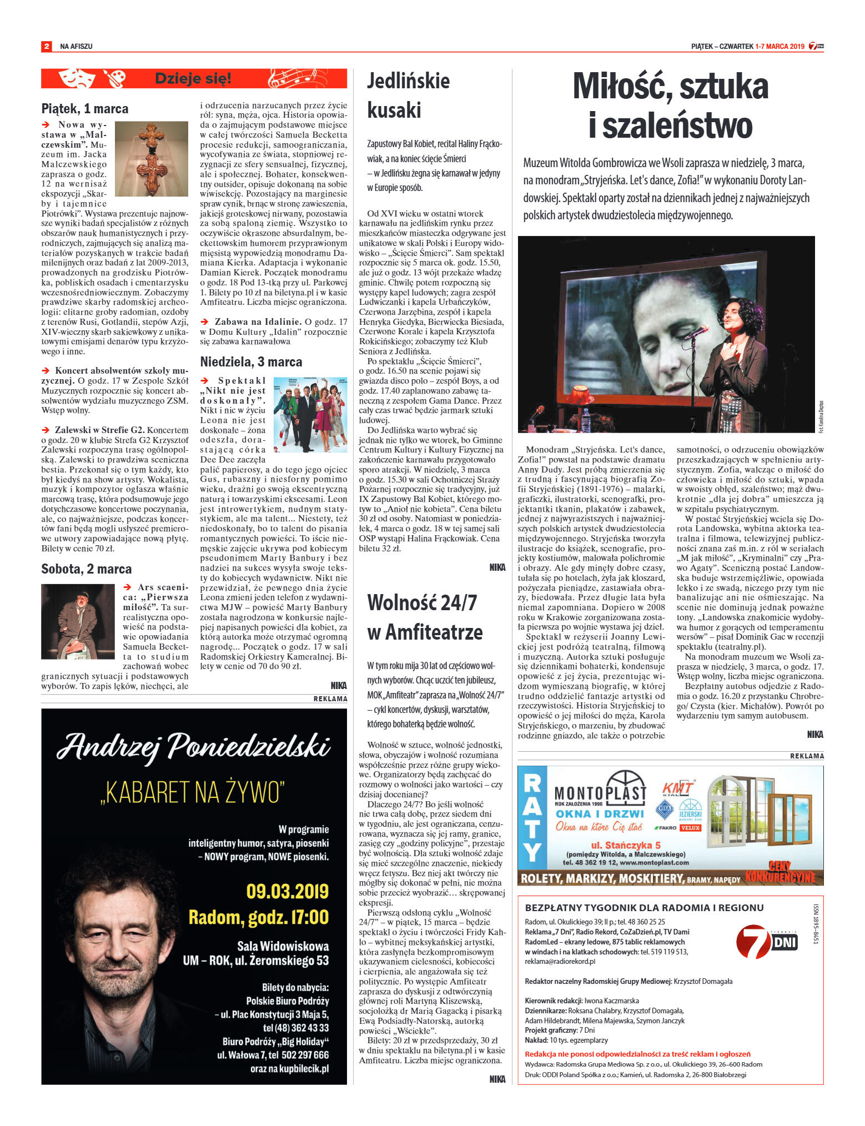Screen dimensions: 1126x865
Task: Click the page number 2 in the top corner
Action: click(47, 46)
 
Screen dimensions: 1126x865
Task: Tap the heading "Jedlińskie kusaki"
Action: click(408, 95)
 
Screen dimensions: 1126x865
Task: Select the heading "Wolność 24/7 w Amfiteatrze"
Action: click(424, 617)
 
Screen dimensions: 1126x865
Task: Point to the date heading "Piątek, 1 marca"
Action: click(84, 109)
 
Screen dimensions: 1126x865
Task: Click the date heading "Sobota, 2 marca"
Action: click(86, 569)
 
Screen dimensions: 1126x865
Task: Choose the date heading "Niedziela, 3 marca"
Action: click(251, 362)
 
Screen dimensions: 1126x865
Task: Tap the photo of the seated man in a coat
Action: click(78, 621)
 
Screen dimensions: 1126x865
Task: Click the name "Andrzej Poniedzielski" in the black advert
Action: click(194, 746)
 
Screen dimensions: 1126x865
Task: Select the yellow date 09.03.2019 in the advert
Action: click(287, 891)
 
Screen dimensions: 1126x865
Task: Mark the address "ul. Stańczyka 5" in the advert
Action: click(626, 845)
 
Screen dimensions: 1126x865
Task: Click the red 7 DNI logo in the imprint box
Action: click(766, 942)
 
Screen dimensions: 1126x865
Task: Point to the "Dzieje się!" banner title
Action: click(193, 78)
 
